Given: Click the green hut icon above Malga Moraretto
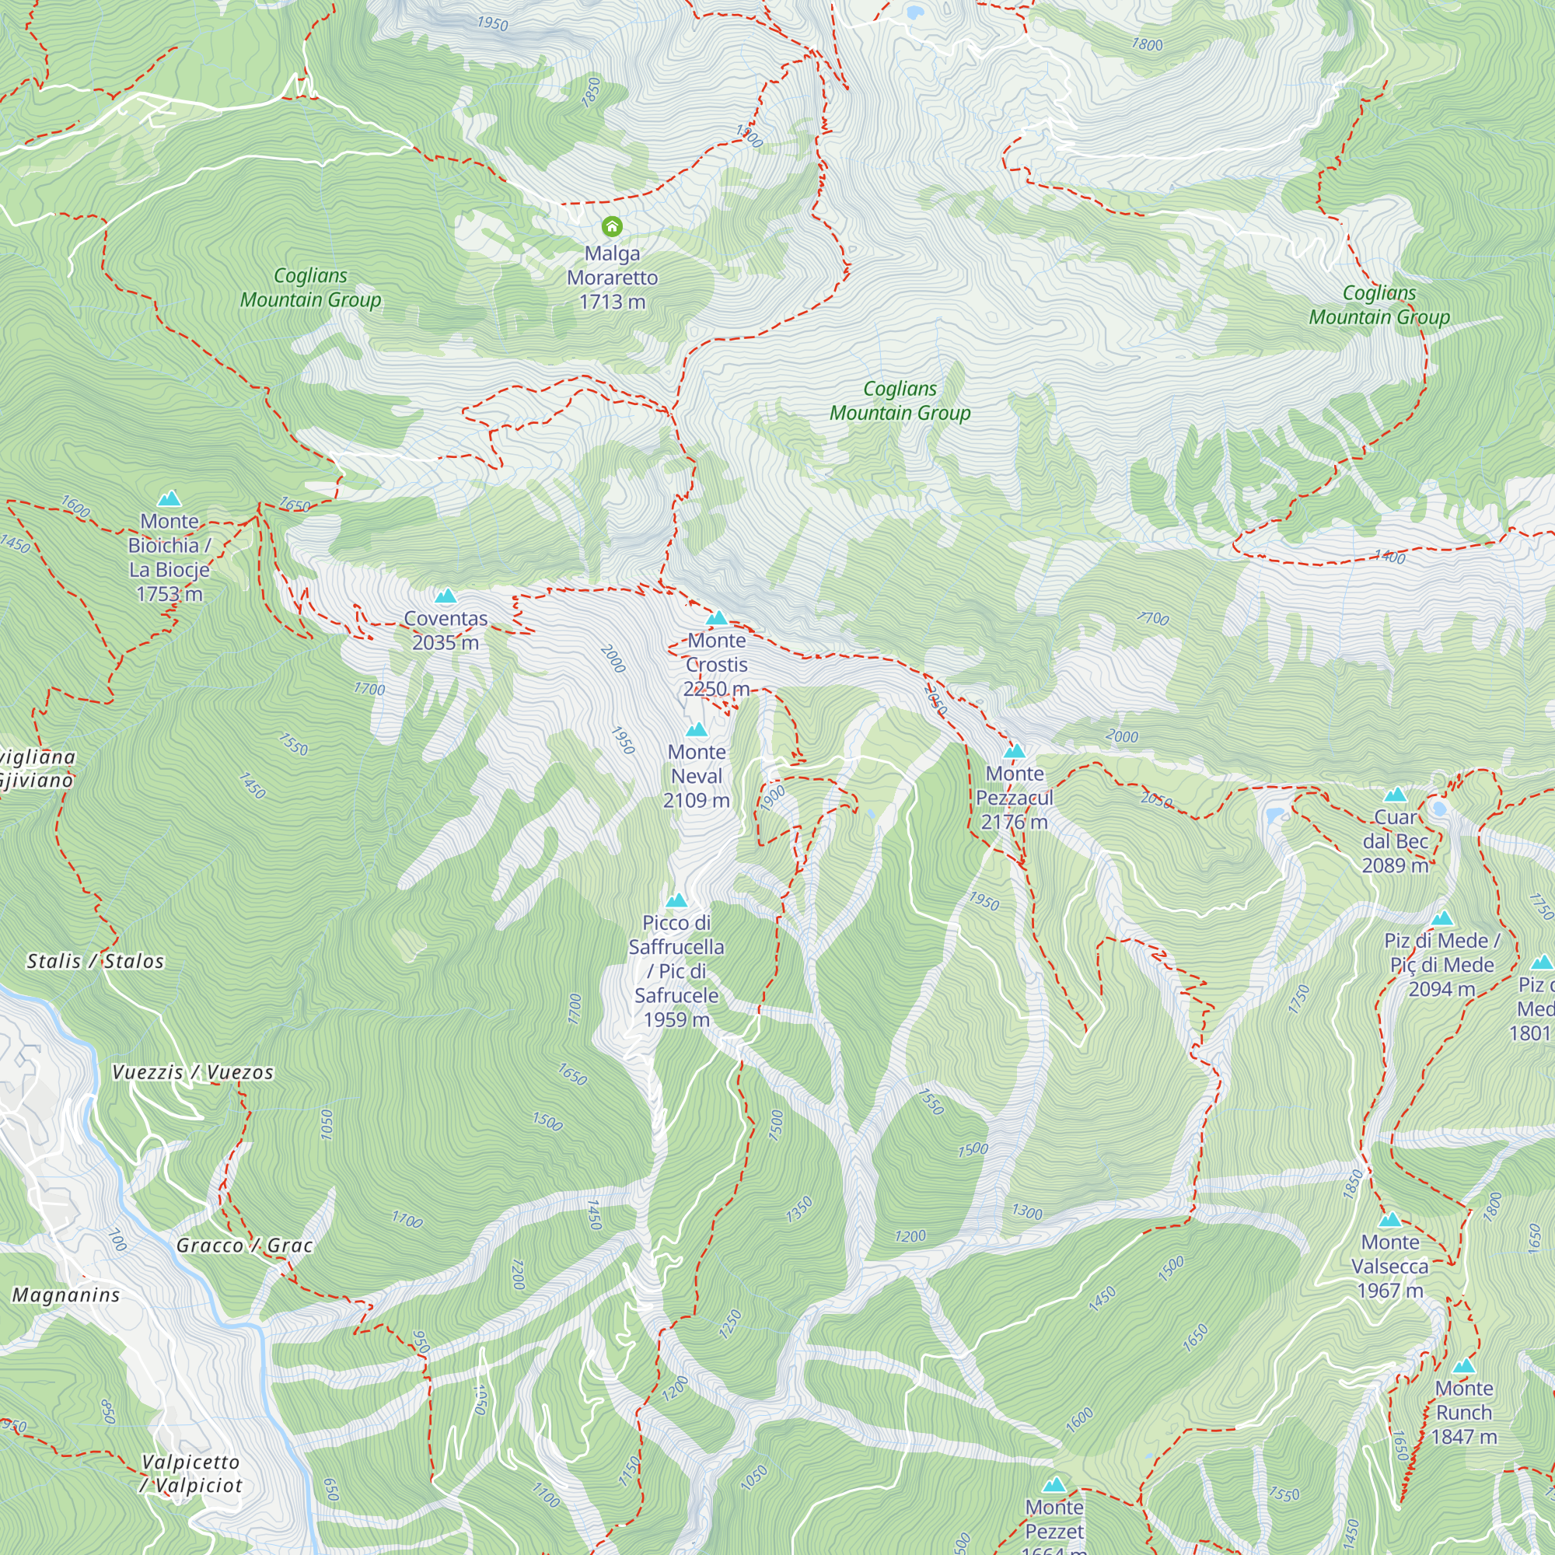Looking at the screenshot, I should pos(612,226).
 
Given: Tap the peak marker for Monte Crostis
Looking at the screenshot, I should pos(716,619).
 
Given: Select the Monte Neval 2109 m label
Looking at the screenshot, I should pos(696,776).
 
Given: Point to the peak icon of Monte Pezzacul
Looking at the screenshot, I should pos(1014,752).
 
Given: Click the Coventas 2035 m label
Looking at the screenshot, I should pos(445,631).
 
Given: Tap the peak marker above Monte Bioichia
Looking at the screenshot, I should pos(169,499).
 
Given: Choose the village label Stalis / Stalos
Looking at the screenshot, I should pos(95,961).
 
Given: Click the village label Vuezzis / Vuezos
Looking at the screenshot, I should pos(192,1072).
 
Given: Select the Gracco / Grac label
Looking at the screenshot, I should pos(244,1245).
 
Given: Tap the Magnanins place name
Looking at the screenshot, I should pos(66,1295).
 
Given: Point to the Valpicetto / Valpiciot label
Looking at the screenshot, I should pos(190,1473).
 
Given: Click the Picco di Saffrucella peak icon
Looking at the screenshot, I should pos(676,900).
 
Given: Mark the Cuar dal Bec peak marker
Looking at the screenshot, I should pos(1395,795).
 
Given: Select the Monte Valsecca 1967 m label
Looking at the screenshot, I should pos(1390,1267).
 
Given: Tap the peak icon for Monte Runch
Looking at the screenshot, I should pos(1464,1366).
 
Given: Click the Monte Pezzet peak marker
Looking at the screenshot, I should pos(1054,1485).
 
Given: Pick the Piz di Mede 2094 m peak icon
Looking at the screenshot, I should pos(1441,918).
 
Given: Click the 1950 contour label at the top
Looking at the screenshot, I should pos(493,23).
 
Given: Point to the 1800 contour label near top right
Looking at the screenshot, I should pos(1147,44).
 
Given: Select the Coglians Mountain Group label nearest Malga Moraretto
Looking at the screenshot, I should pos(311,288).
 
